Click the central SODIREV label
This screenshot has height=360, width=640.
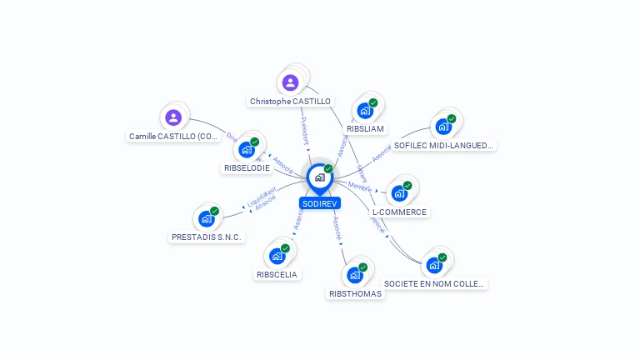[x=320, y=203]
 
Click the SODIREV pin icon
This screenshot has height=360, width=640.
[x=320, y=177]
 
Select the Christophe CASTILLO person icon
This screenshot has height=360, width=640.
[x=290, y=82]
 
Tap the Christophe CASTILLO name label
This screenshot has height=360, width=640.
[x=290, y=102]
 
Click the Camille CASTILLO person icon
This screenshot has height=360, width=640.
[x=173, y=117]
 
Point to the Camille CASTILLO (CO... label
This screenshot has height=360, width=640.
[x=174, y=136]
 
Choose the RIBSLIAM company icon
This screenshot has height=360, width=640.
[x=365, y=110]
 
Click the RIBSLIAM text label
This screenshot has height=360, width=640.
[x=365, y=129]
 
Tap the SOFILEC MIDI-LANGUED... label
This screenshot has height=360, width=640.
[x=444, y=145]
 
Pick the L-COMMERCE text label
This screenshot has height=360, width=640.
[x=399, y=212]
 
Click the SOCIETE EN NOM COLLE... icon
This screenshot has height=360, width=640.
[x=434, y=265]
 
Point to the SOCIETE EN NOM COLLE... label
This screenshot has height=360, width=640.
[x=435, y=283]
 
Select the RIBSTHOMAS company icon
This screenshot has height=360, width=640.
[x=355, y=275]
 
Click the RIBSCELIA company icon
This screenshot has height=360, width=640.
[x=277, y=256]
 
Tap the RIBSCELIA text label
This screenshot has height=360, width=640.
[x=277, y=274]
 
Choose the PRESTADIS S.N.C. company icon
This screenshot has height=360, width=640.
[x=207, y=219]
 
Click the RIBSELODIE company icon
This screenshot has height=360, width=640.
[x=247, y=149]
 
